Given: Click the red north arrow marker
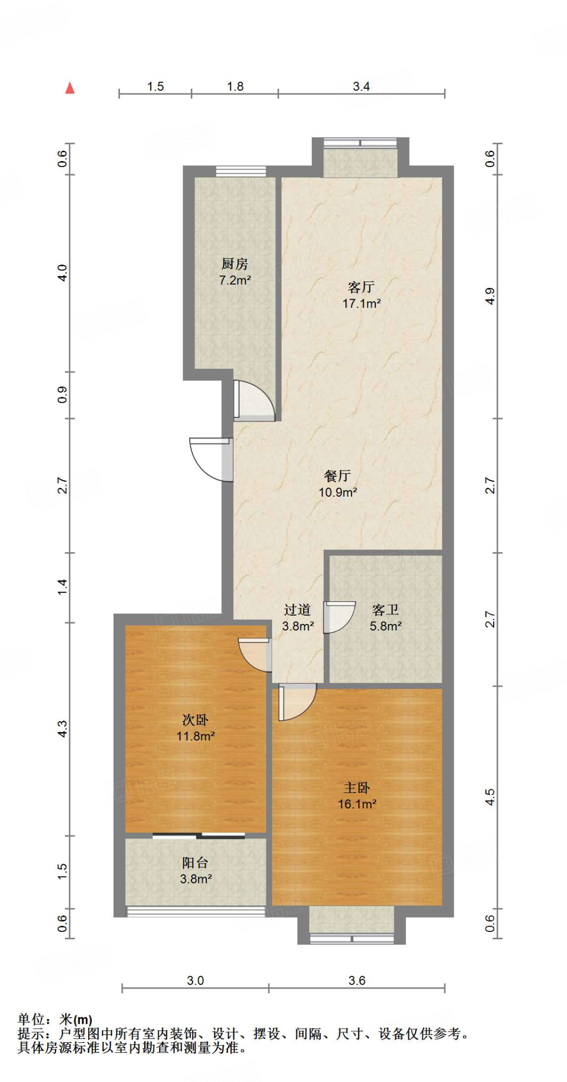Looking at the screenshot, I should pos(70,88).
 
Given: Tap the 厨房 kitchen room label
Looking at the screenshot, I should pos(235,264).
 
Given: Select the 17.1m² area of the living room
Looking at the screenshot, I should pos(361,304).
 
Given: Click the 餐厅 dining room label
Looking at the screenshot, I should pos(337,476).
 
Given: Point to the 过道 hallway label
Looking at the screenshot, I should pos(297,610).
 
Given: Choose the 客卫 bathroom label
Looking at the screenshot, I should pos(385,610).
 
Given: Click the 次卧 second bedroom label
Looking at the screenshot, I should pos(195,720).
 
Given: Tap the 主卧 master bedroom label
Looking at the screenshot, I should pos(357,788).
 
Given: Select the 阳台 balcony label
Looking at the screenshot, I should pos(195,863).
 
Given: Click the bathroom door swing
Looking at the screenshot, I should pos(339,617).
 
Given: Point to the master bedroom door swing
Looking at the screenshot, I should pos(296,702).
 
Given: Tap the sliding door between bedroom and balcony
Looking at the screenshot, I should pos(199,836).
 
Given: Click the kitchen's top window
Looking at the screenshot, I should pos(240,171).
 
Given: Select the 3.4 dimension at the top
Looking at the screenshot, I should pos(361,87).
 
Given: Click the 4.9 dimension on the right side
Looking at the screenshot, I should pos(490,296).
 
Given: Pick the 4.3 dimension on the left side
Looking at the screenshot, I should pos(62,729).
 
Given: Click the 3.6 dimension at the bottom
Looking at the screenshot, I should pos(357,981).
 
